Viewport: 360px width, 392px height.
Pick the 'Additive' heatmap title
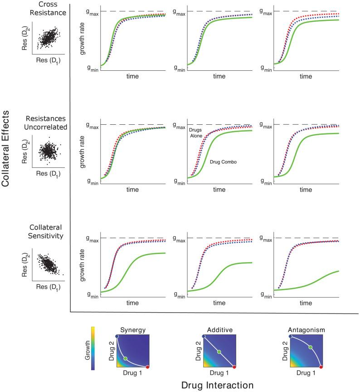point(219,331)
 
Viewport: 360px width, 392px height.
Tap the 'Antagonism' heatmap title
point(306,331)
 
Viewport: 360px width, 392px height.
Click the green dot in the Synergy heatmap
point(126,358)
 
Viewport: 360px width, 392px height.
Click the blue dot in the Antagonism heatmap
point(291,336)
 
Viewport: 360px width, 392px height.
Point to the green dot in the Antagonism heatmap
point(311,347)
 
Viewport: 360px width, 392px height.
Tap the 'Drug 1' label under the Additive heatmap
point(219,373)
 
